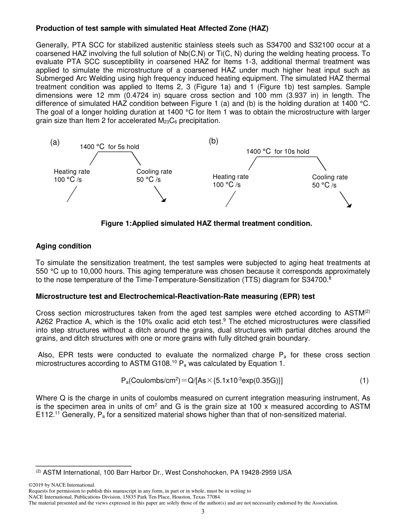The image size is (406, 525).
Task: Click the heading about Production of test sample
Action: [152, 29]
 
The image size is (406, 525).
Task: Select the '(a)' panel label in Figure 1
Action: [55, 143]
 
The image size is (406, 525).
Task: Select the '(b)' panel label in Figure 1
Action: [213, 141]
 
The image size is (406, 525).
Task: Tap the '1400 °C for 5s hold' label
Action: [109, 147]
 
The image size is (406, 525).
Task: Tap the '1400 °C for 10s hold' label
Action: [277, 152]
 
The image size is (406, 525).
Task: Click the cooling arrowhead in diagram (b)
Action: [349, 205]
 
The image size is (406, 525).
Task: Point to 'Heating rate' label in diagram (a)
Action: [72, 172]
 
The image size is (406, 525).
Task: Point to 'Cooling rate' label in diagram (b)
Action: [330, 177]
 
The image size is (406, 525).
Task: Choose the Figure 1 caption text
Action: [206, 223]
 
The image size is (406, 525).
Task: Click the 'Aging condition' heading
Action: [63, 246]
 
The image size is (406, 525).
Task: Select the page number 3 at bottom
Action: [203, 512]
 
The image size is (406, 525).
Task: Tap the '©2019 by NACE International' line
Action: [62, 485]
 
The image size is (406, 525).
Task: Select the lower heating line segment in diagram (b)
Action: [231, 199]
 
